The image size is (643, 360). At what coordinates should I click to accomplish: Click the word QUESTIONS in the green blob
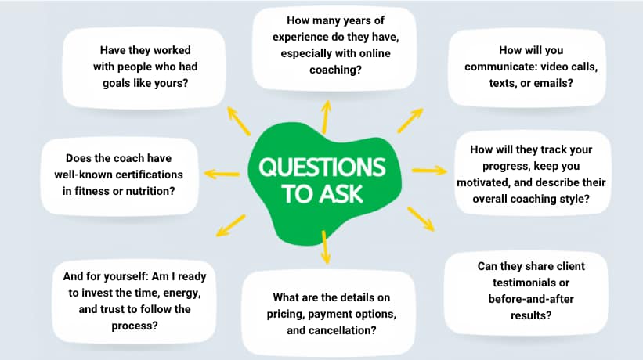point(322,168)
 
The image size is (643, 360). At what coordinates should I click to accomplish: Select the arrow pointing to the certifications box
point(222,172)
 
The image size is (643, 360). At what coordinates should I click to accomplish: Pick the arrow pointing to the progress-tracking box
point(428,170)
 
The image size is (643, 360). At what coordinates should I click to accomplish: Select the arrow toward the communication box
point(410,119)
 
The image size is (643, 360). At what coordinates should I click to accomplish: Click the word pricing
point(294,315)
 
